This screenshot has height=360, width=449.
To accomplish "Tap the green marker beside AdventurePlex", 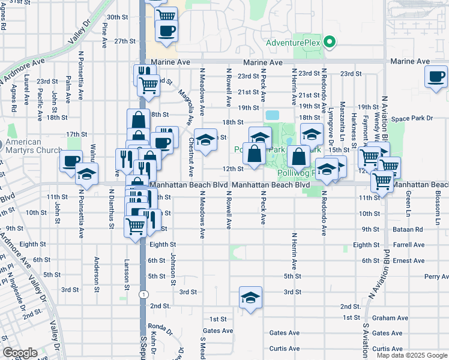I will coord(328,43).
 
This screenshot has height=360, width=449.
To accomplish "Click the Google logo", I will coord(20,353).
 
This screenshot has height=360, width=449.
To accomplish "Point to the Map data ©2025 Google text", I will coord(411,355).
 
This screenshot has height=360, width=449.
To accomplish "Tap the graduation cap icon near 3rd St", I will coord(250,298).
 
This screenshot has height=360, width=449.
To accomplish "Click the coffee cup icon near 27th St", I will coord(166,30).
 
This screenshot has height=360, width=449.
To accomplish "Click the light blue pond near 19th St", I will coord(272,115).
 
